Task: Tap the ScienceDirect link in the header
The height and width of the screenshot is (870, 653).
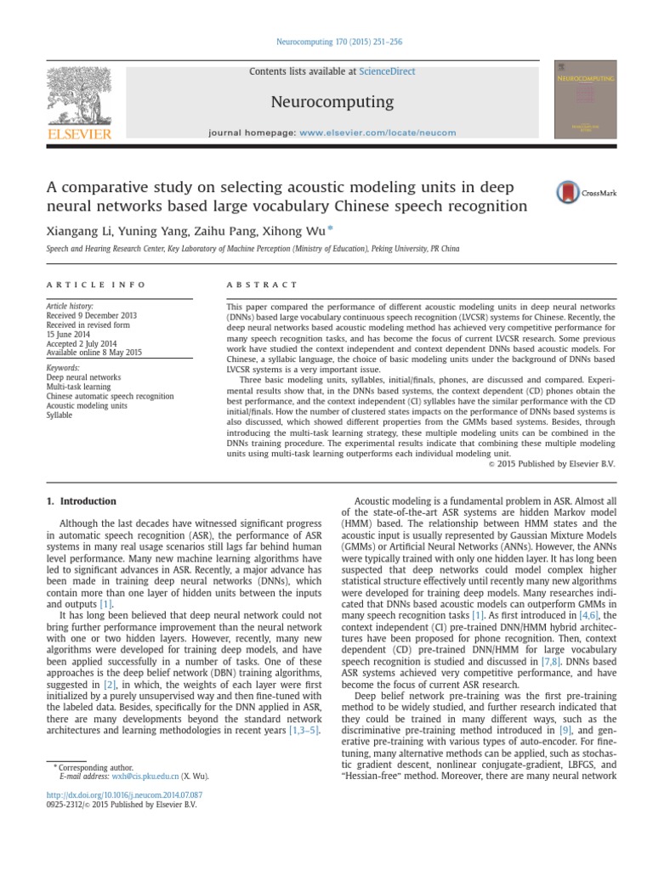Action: [x=387, y=72]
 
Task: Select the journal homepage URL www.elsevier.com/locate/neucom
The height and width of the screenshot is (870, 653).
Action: [x=378, y=133]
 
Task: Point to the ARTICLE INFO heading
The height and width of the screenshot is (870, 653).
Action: [x=96, y=285]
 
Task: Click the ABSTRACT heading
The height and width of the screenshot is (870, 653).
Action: [x=262, y=285]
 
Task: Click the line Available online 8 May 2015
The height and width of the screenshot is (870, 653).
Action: [x=94, y=352]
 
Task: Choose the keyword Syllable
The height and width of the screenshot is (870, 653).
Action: [x=60, y=415]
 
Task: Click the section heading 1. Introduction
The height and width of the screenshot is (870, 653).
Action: [x=81, y=501]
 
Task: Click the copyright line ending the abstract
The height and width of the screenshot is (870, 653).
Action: [x=552, y=464]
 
